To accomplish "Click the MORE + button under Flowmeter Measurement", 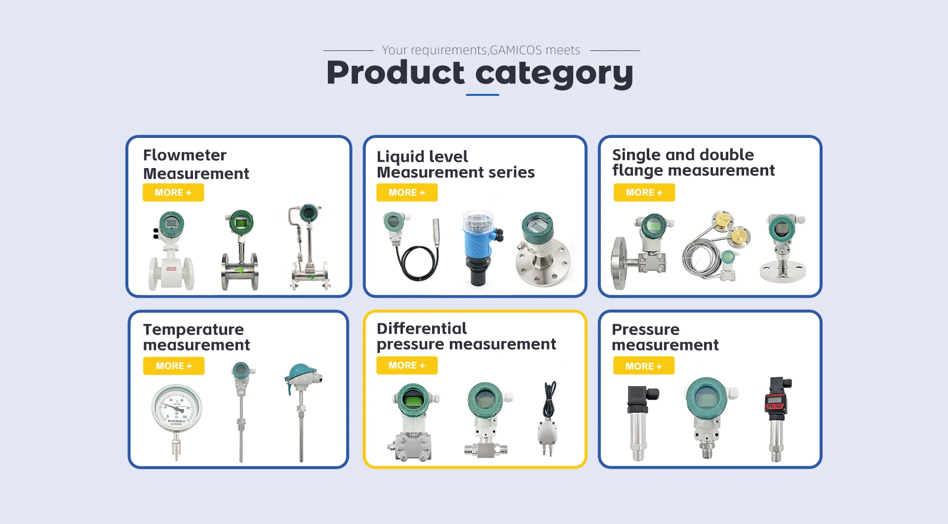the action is tap(173, 192).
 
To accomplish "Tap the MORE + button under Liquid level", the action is tap(407, 192).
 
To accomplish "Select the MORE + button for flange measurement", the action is tap(644, 192).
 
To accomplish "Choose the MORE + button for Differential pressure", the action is tap(407, 365).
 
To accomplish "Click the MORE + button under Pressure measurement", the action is tap(644, 366).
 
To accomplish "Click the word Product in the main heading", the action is tap(395, 73).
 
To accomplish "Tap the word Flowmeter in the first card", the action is tap(185, 155).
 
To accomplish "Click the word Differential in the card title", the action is tap(422, 328).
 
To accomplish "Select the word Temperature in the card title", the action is tap(194, 330).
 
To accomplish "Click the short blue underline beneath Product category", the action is tap(482, 94).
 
